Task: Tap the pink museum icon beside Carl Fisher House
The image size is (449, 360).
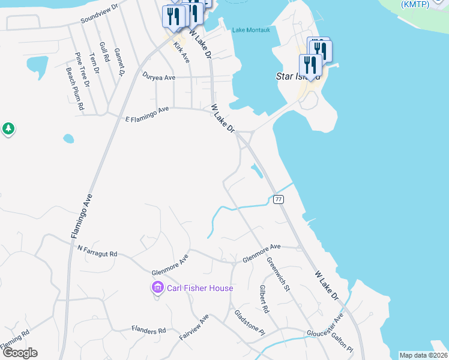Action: (158, 288)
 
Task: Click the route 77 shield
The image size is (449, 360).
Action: (278, 199)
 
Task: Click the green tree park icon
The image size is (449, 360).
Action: (8, 128)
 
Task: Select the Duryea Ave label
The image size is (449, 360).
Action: (158, 77)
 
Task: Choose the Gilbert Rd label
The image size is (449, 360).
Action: (264, 299)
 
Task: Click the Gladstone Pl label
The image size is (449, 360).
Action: (249, 323)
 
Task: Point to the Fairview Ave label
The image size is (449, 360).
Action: (193, 327)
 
